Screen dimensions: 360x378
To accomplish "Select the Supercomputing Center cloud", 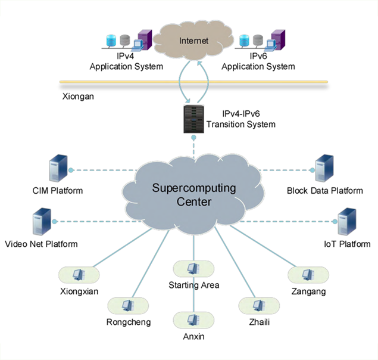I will tap(193, 194).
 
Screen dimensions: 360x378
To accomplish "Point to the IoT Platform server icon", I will tap(346, 223).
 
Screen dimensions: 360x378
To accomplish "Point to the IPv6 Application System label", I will tap(258, 61).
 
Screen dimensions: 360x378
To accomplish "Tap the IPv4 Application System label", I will tap(126, 61).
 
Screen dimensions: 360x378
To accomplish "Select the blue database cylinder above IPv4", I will tap(110, 41).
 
